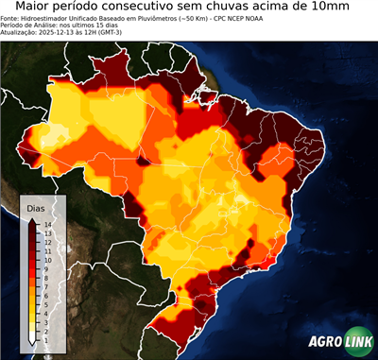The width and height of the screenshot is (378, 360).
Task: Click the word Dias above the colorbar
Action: tap(36, 208)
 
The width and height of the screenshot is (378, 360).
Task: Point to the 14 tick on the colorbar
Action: tap(46, 224)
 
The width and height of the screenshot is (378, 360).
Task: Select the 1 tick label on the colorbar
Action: tap(45, 331)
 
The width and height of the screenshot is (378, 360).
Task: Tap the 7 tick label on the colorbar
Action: tap(45, 282)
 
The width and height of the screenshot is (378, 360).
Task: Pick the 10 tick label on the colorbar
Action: tap(46, 257)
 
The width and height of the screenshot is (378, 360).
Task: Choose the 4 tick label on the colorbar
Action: tap(45, 306)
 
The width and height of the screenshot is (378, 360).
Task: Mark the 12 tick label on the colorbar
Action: tap(46, 241)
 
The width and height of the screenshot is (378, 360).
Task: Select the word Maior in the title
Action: tap(35, 8)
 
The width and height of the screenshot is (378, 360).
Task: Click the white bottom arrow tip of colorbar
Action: tap(31, 338)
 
